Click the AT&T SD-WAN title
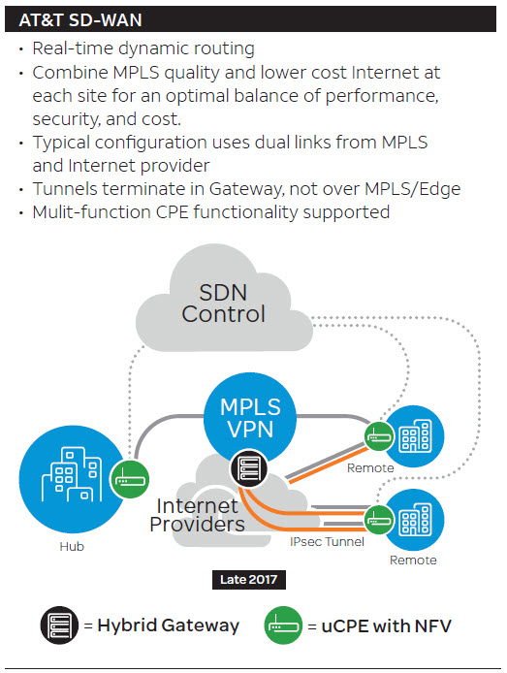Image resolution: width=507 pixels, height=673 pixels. tap(80, 20)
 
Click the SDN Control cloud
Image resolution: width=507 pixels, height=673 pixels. tap(224, 303)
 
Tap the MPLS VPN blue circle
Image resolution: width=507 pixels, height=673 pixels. tap(250, 418)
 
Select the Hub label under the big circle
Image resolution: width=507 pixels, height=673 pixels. tap(72, 546)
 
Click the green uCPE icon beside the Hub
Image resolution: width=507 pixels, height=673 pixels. tap(130, 480)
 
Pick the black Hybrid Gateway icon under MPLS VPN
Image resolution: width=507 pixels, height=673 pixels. tap(249, 467)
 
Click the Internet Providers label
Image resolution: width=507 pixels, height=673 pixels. tap(198, 515)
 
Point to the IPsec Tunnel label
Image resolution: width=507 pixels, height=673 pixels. tap(327, 542)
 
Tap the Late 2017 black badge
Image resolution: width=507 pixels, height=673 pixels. tap(249, 580)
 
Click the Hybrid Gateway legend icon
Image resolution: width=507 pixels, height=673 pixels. tap(59, 625)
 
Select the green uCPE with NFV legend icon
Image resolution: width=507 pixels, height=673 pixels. tap(283, 625)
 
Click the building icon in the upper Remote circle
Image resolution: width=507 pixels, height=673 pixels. tap(415, 435)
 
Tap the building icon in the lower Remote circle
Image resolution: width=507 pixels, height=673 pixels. tap(415, 520)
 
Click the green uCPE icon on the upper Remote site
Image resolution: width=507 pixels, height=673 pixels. tap(380, 436)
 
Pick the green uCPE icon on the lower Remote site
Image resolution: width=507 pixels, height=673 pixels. tap(380, 520)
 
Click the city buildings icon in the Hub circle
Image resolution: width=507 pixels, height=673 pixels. tap(72, 474)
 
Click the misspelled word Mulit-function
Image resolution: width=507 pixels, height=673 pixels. tap(91, 212)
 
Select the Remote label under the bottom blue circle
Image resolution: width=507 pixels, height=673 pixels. tap(413, 561)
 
